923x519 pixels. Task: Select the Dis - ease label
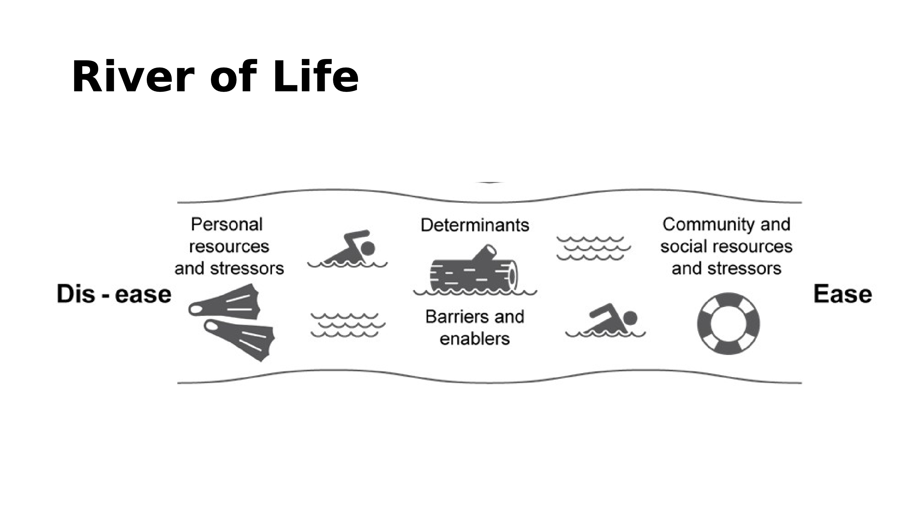coord(114,294)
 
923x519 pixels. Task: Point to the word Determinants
coord(475,225)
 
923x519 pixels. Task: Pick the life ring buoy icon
coord(728,324)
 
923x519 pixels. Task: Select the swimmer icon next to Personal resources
coord(347,249)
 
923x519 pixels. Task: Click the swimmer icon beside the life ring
coord(605,320)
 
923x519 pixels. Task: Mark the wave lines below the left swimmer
coord(347,325)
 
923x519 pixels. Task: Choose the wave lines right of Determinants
coord(593,248)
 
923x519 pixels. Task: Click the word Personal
coord(227,225)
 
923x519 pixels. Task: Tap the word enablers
coord(475,339)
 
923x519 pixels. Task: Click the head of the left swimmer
coord(368,248)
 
